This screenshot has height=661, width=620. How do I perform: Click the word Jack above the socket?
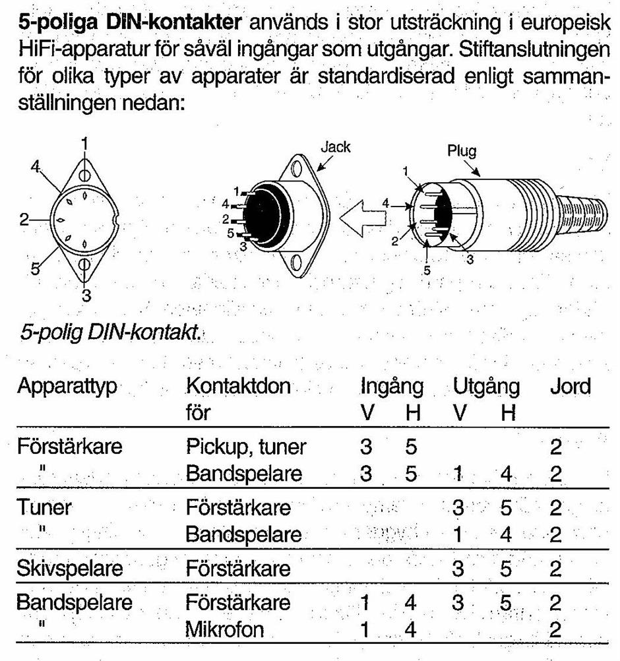pos(335,147)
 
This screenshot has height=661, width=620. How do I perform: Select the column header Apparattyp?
pos(67,387)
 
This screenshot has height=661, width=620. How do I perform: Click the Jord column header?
pos(570,387)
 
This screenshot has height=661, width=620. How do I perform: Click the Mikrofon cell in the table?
pos(225,630)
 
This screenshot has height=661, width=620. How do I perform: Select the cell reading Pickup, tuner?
pos(246,448)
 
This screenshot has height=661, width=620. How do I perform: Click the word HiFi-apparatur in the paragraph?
pos(82,50)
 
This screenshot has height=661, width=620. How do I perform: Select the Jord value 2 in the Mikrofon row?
pos(555,630)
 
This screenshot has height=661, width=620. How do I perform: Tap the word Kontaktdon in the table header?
pos(238,387)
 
